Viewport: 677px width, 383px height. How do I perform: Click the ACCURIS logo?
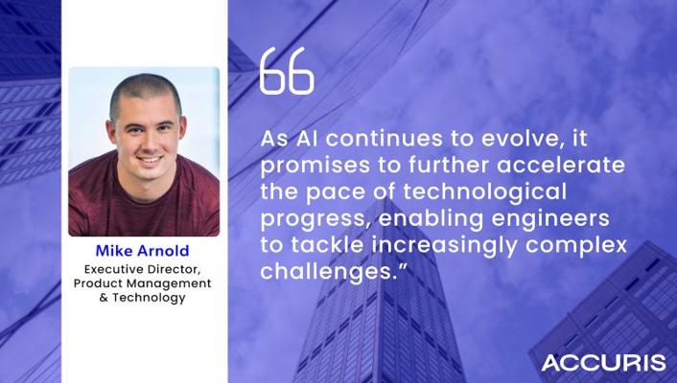603,363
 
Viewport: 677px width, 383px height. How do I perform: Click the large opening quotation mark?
287,71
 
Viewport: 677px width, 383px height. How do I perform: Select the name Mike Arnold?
143,251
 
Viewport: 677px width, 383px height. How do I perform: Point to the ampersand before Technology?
104,298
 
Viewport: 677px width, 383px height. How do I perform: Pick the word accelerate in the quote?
561,166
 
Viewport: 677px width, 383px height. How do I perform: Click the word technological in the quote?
485,191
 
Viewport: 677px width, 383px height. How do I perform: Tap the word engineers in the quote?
550,218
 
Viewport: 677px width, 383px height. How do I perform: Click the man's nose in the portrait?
147,142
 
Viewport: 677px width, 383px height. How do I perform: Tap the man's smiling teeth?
150,159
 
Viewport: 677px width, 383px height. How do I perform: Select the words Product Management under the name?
143,283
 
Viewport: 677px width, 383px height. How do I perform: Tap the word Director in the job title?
174,270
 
